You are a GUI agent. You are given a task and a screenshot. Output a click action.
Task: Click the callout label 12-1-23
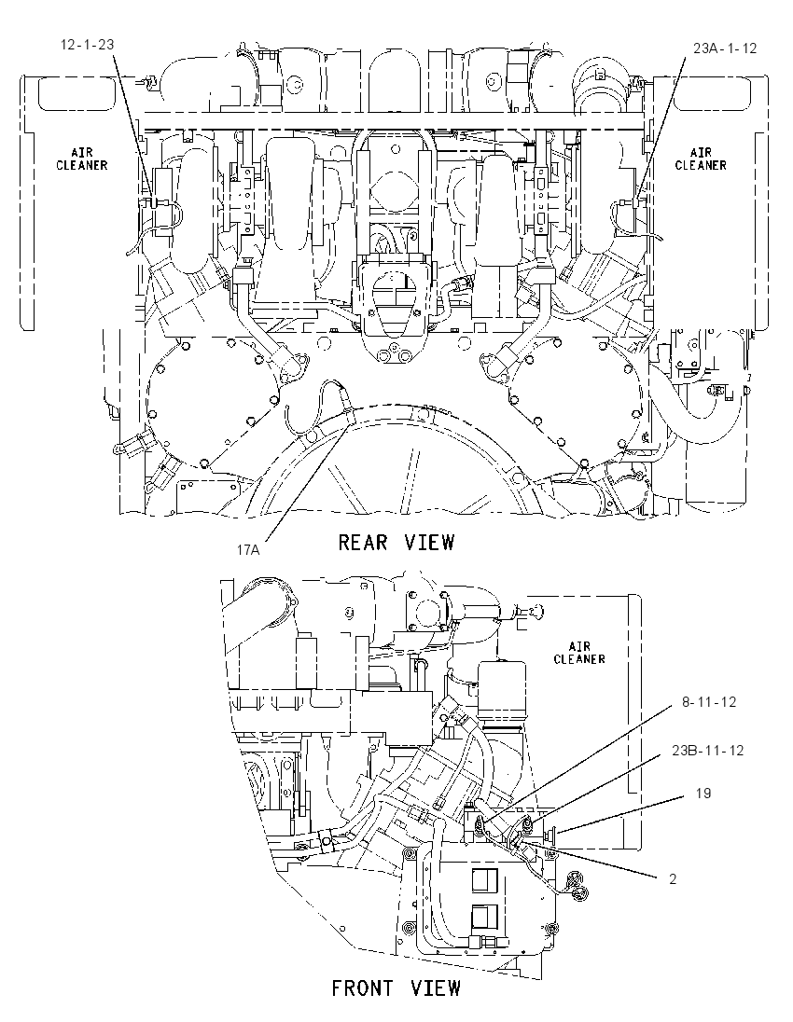(87, 45)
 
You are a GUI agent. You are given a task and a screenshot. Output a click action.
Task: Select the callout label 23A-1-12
(725, 48)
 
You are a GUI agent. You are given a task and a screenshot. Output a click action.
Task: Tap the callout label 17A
(248, 550)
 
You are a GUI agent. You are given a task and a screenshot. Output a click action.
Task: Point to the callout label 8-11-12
(709, 702)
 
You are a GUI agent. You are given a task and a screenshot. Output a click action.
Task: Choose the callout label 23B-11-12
(707, 751)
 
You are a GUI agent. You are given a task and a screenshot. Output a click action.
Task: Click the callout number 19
(703, 794)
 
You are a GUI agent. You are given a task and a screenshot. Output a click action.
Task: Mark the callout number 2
(673, 879)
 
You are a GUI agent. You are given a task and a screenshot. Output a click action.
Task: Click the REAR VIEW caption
(396, 543)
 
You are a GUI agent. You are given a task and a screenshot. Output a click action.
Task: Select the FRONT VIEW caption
(396, 988)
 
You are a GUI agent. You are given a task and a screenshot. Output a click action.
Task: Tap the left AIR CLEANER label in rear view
(81, 159)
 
